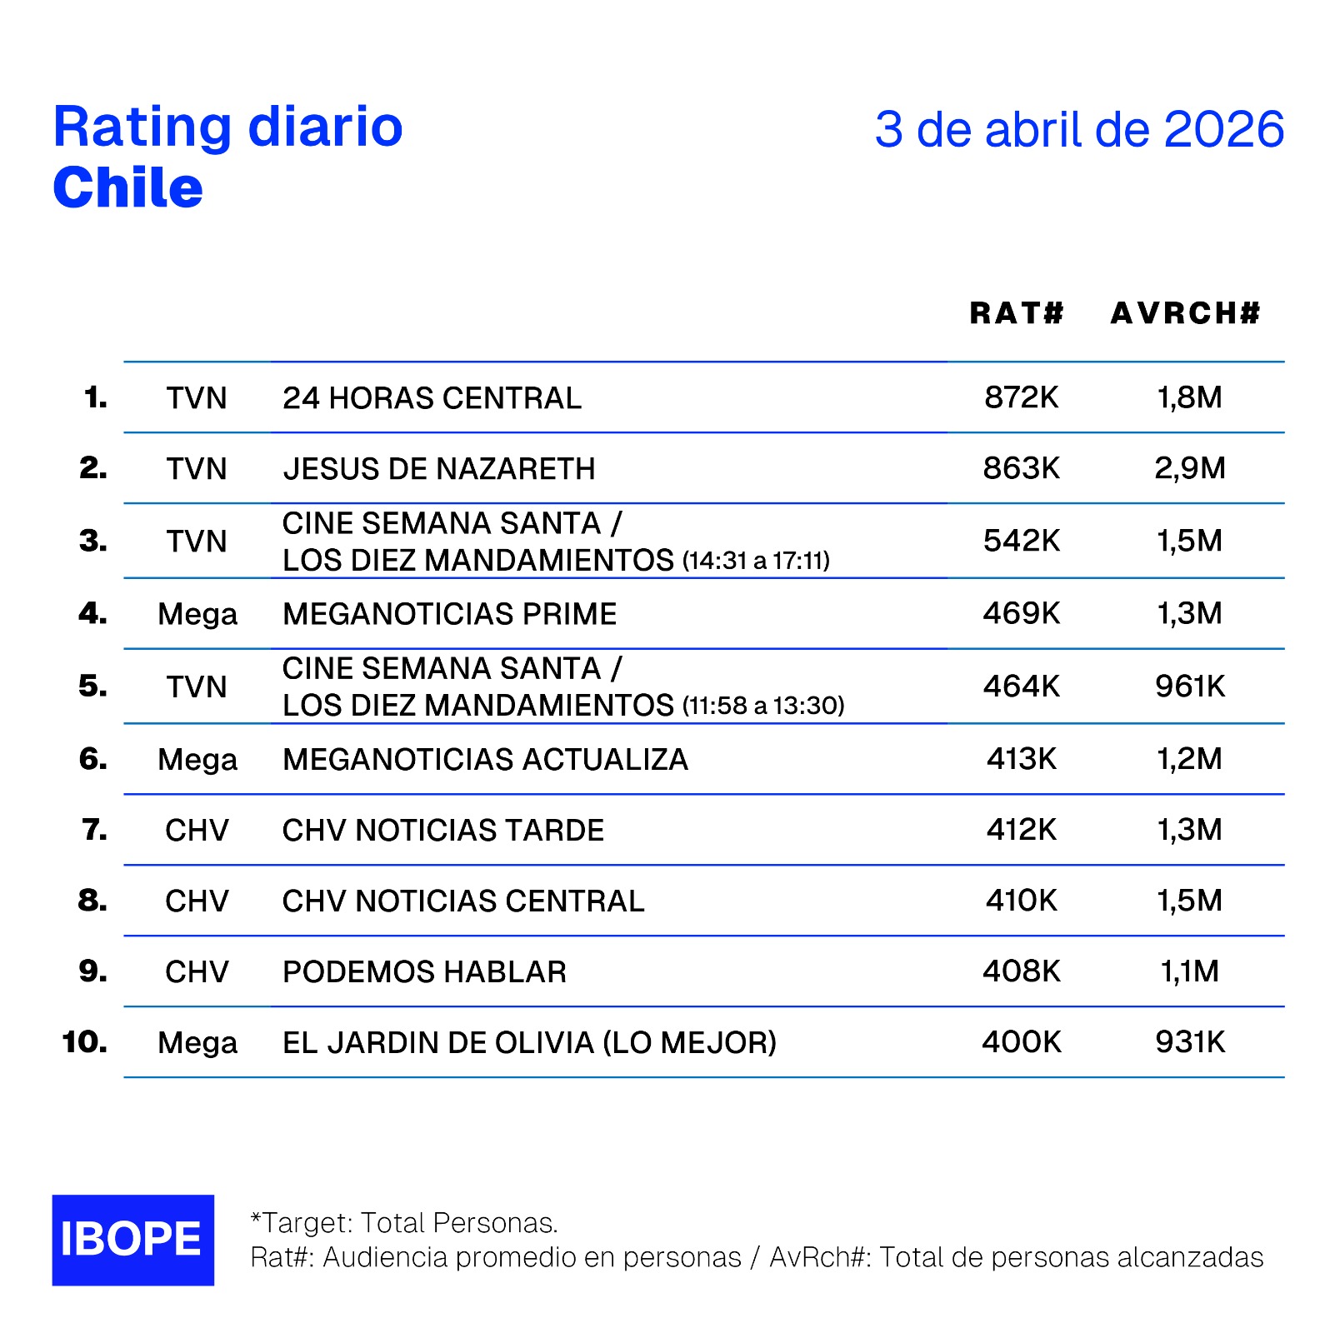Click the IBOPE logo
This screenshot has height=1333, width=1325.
tap(132, 1240)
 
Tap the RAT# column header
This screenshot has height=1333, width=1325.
tap(1017, 313)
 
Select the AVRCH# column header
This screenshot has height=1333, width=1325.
tap(1185, 313)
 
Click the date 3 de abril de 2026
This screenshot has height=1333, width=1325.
tap(1079, 130)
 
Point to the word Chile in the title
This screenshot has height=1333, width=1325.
tap(127, 188)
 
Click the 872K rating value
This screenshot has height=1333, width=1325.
tap(1021, 397)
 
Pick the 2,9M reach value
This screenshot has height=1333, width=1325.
tap(1189, 468)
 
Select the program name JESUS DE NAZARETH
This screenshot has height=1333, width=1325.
tap(439, 469)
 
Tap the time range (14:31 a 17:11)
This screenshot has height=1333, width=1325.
tap(756, 561)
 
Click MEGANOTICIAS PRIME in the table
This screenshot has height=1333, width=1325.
tap(449, 614)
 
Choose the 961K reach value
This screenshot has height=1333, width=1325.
tap(1189, 686)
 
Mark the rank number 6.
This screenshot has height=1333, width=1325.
tap(93, 759)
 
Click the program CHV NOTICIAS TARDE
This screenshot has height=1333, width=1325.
tap(442, 831)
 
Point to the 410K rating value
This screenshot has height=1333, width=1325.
tap(1021, 901)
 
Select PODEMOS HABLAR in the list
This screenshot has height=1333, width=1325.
tap(424, 972)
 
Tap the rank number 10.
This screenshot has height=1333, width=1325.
tap(85, 1042)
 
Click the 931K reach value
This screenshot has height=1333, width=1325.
tap(1189, 1042)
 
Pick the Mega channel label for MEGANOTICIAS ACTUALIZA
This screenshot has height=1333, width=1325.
tap(197, 760)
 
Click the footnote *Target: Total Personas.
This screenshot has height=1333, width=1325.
tap(404, 1223)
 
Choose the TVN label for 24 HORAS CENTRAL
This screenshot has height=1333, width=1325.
tap(197, 398)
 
